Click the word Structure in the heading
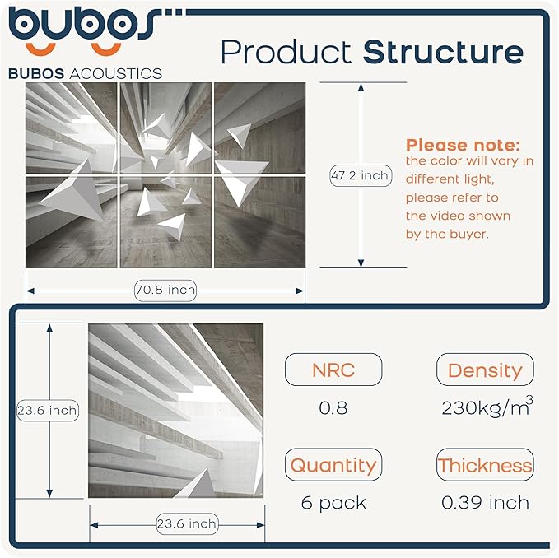click(x=443, y=52)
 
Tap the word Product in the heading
click(x=287, y=52)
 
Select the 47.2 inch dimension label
click(x=360, y=175)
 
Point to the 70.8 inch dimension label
click(x=165, y=289)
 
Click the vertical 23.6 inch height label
click(x=48, y=410)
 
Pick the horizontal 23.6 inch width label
click(x=186, y=523)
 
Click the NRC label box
click(x=333, y=370)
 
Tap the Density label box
click(x=485, y=370)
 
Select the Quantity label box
click(x=333, y=465)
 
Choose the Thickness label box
click(x=485, y=465)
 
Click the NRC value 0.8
click(x=333, y=408)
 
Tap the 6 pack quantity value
click(x=333, y=503)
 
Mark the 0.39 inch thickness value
click(x=485, y=503)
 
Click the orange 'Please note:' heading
click(x=463, y=145)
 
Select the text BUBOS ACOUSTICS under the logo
click(x=85, y=73)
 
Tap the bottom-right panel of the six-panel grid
click(x=259, y=221)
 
